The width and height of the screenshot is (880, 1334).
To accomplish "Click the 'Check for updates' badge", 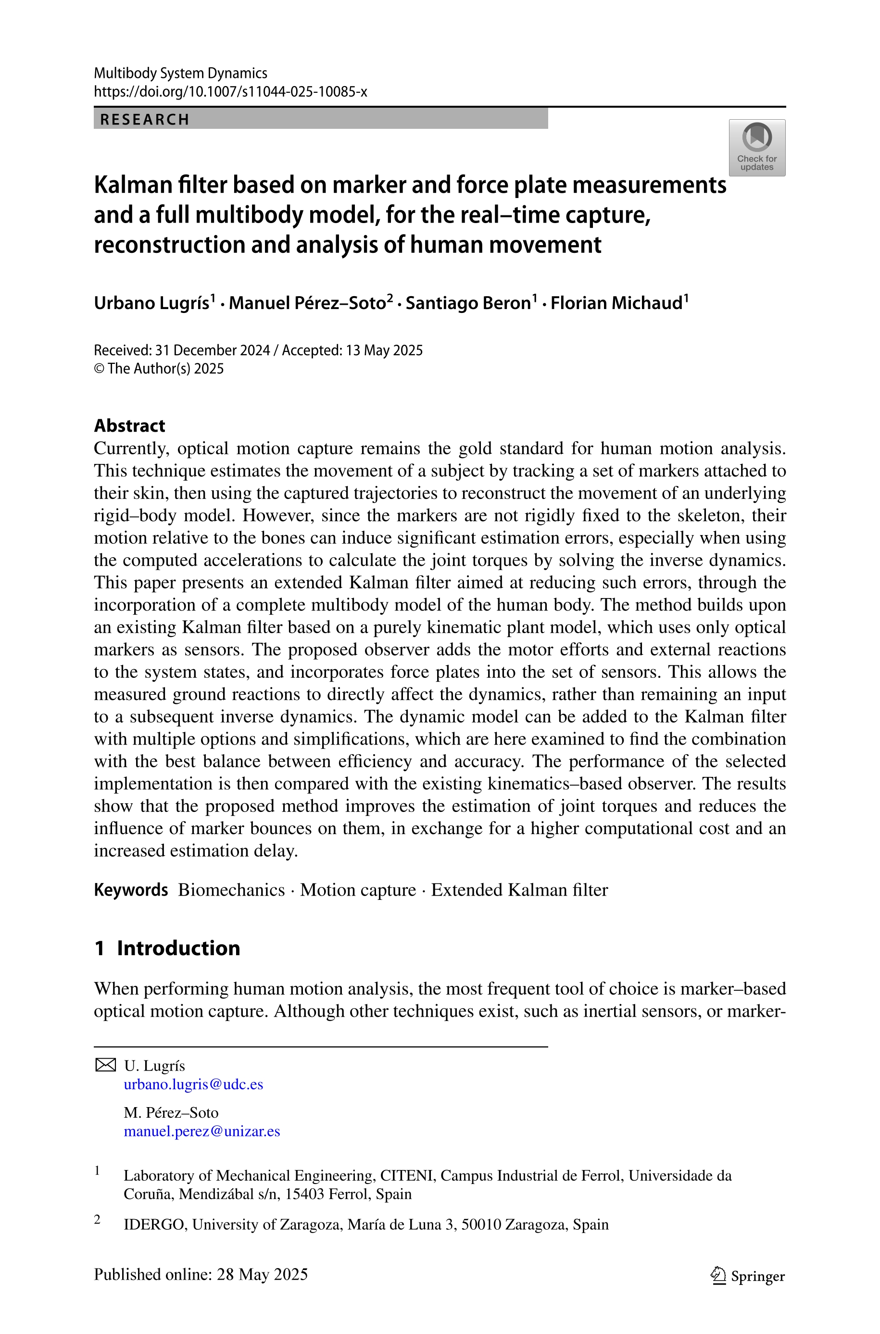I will point(756,148).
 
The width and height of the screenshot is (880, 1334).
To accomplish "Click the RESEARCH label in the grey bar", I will point(145,120).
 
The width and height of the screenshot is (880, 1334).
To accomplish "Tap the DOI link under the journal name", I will point(230,91).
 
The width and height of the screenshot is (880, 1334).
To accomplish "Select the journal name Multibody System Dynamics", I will point(180,73).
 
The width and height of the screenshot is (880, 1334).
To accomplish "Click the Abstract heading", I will point(130,426).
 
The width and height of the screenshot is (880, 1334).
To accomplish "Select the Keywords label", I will point(131,890).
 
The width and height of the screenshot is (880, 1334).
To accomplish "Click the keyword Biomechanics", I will point(231,890).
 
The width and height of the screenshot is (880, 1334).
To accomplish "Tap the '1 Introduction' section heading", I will point(167,948).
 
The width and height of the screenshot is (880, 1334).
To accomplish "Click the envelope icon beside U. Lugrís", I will point(105,1065).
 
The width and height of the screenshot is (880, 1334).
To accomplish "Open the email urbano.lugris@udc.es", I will point(193,1085).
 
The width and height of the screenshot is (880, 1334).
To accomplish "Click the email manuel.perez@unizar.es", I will point(201,1131).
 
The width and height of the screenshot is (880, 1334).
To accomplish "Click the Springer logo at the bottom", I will point(748,1276).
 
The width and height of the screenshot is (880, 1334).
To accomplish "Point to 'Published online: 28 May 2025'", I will point(201,1274).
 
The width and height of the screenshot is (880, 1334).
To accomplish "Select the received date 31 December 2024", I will point(213,350).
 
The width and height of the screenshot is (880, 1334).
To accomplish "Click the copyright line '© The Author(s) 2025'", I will point(159,369).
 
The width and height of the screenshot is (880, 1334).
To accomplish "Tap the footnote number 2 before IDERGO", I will point(98,1220).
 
